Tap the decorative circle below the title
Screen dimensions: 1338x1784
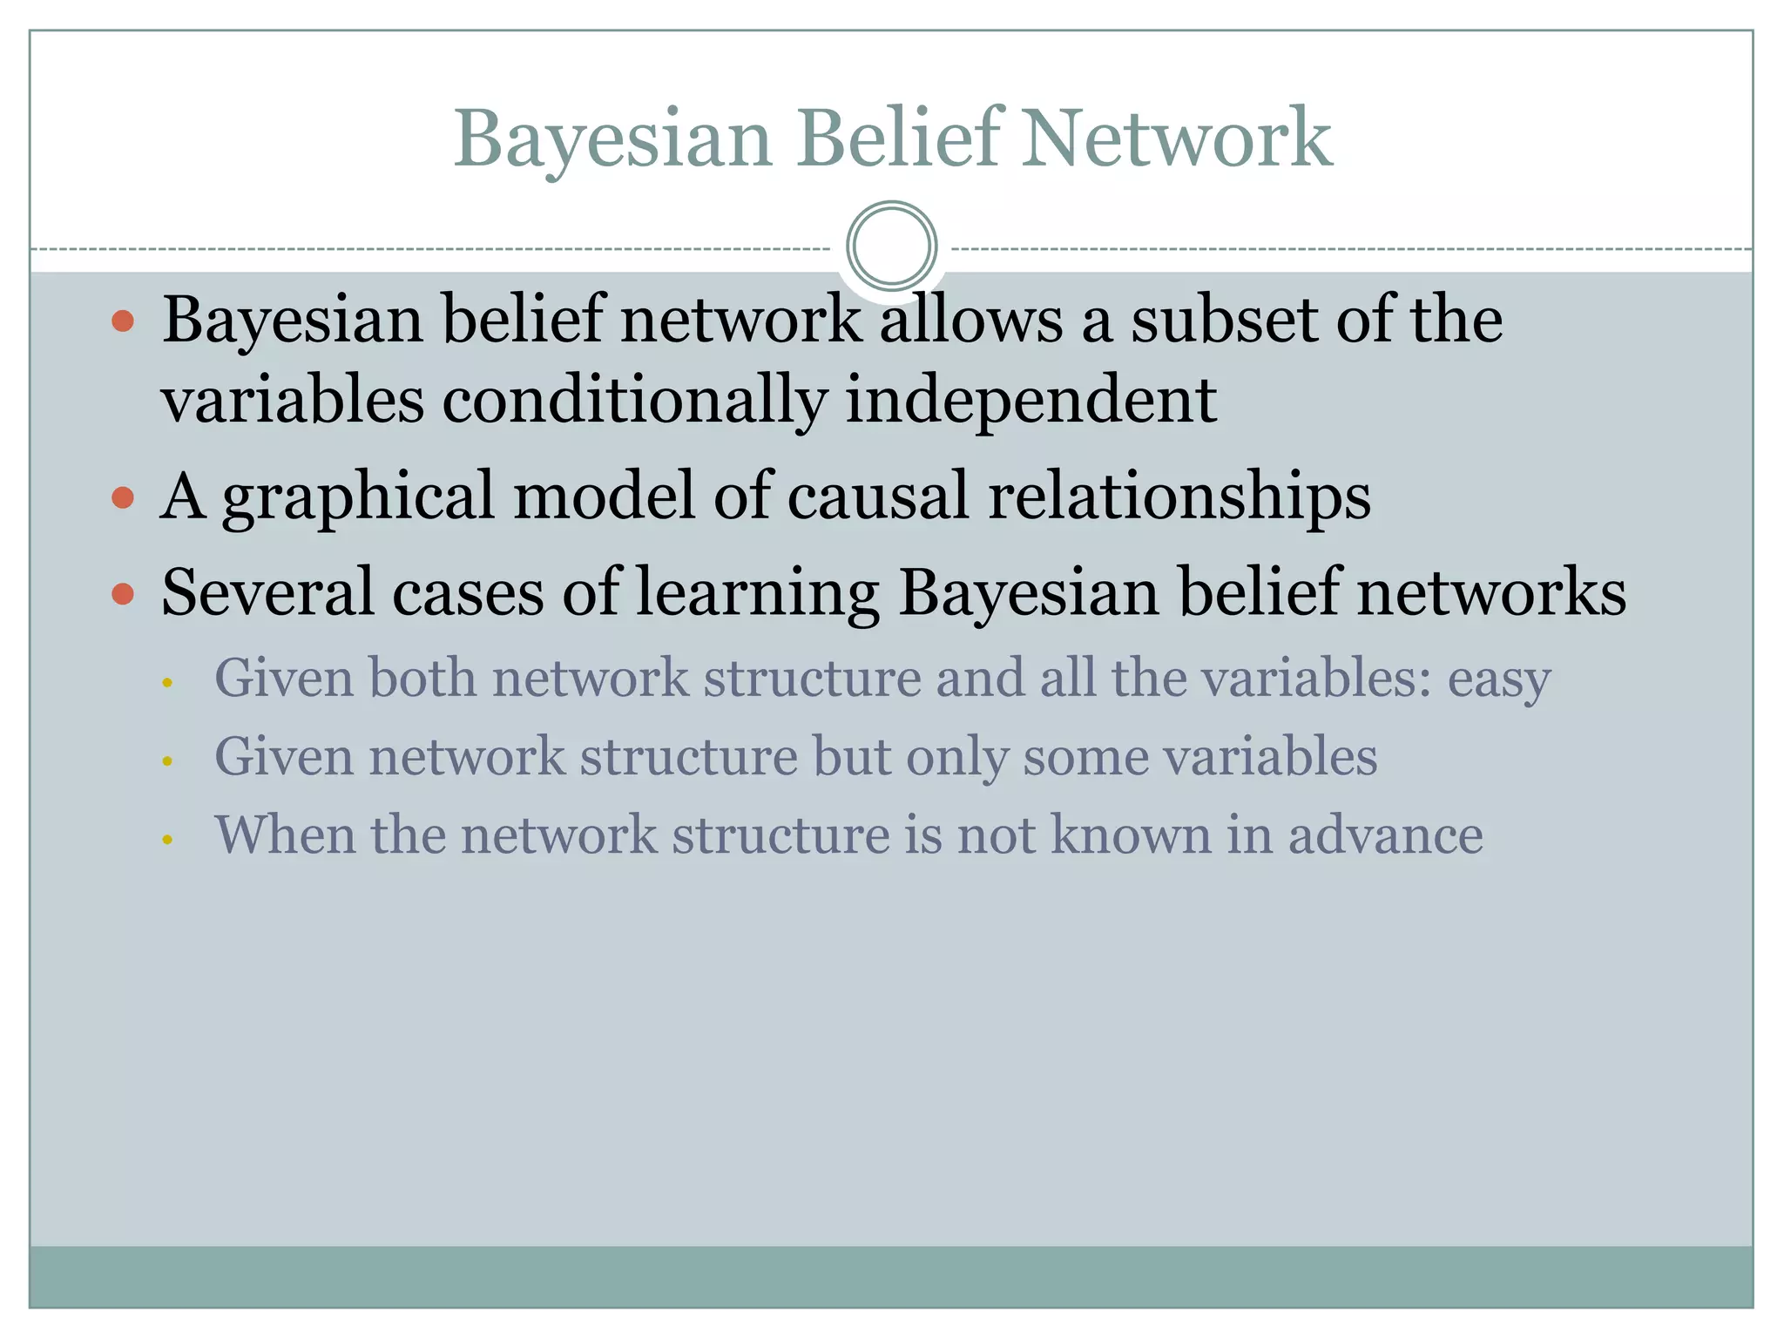[x=891, y=247]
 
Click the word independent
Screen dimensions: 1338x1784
[x=1031, y=401]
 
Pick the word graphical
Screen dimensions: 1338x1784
[x=358, y=497]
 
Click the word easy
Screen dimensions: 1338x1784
[x=1499, y=679]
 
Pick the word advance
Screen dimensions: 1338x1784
[x=1385, y=835]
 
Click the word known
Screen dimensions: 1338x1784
[x=1131, y=835]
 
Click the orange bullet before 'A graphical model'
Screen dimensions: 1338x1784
[x=123, y=497]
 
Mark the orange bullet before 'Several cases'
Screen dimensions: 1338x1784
[x=123, y=594]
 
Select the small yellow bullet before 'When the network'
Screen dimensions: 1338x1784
[x=167, y=840]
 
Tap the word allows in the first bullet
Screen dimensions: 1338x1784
[x=971, y=320]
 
